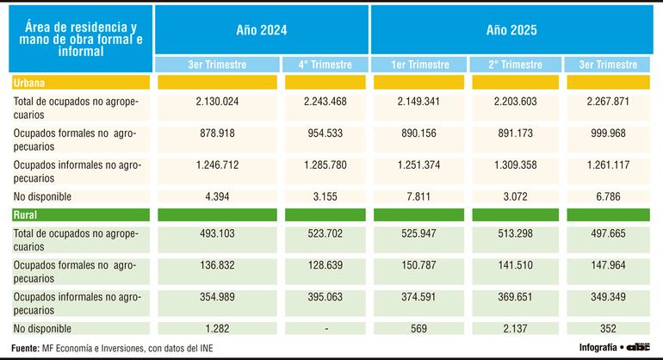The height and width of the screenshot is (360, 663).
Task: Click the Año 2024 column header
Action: click(261, 31)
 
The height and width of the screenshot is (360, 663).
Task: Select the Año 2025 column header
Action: click(512, 31)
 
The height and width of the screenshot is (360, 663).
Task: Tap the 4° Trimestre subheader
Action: click(323, 65)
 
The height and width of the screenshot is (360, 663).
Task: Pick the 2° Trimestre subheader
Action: click(515, 65)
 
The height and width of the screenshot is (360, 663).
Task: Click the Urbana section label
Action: click(30, 83)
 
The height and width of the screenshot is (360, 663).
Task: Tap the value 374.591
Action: click(418, 295)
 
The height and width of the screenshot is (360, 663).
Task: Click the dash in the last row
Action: click(323, 328)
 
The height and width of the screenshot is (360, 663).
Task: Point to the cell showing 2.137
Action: click(515, 328)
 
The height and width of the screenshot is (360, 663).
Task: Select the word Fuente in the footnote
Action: click(24, 347)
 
